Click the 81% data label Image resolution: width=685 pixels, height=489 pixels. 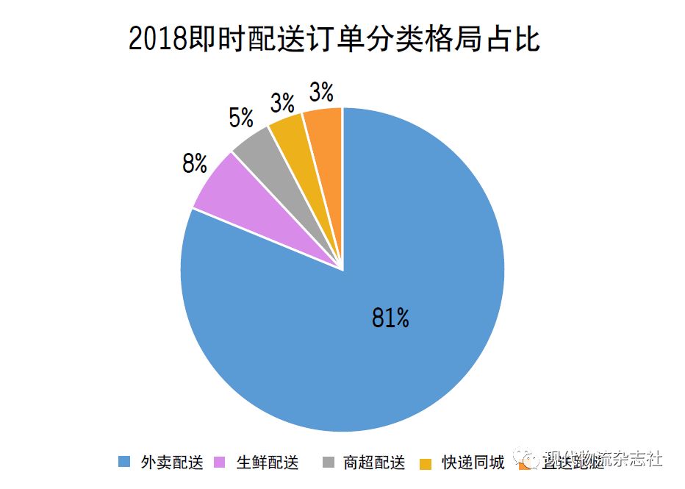click(x=390, y=318)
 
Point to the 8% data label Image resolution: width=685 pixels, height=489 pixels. click(x=195, y=163)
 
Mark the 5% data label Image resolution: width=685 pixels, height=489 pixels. click(x=241, y=118)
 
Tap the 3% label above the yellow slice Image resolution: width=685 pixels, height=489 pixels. click(x=282, y=103)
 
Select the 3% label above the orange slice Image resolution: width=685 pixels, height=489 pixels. click(x=321, y=93)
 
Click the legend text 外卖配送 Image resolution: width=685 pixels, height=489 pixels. click(x=171, y=463)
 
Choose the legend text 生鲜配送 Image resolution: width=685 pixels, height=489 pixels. click(x=268, y=463)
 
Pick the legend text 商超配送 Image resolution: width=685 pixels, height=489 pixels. click(x=374, y=463)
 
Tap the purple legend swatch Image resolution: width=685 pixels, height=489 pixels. click(x=219, y=463)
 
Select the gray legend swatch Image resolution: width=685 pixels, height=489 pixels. click(x=328, y=463)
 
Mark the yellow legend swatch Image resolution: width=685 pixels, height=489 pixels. click(x=425, y=463)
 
